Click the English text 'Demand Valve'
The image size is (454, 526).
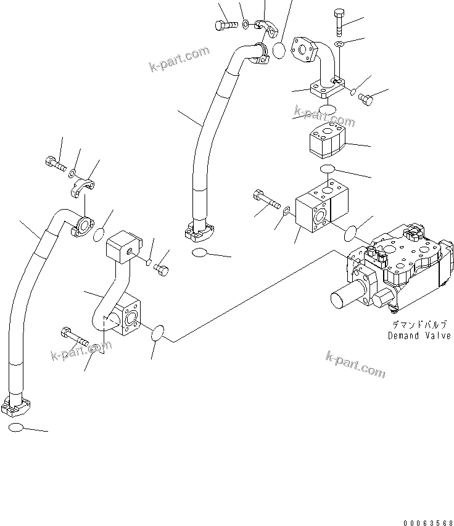(418, 335)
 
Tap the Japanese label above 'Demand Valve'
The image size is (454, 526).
(418, 324)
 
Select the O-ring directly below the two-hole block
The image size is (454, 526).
(328, 170)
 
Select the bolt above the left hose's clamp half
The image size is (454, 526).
(54, 165)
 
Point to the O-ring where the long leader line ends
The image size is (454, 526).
(157, 333)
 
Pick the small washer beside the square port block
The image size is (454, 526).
(287, 213)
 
